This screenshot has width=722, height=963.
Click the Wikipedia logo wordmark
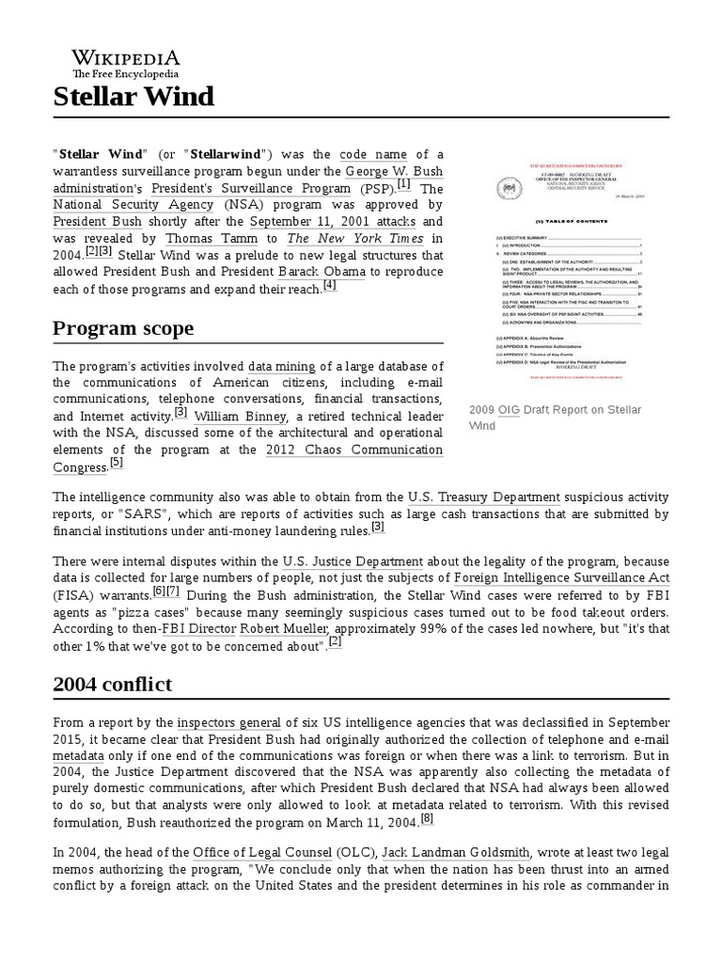coord(126,57)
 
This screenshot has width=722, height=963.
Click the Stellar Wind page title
coord(133,96)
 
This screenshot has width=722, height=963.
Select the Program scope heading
coord(123,328)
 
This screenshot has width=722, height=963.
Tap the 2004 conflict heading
coord(112,684)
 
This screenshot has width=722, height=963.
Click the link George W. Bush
coord(394,171)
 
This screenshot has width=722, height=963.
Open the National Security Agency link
coord(133,204)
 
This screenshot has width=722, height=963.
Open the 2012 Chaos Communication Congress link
coord(354,450)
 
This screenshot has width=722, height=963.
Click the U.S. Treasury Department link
coord(483,497)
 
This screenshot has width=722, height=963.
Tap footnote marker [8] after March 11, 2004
coord(427,817)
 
